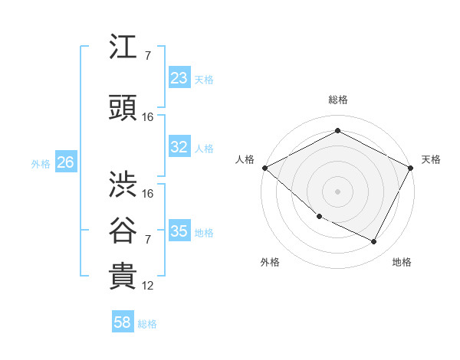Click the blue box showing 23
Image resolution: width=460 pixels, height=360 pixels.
179,78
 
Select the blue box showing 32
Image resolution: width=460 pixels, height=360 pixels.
179,147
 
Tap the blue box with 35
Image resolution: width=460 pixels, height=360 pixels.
179,231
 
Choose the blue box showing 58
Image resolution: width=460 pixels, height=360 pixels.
123,323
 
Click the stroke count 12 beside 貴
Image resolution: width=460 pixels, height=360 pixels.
148,286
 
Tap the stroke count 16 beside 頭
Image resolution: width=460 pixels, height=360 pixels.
148,117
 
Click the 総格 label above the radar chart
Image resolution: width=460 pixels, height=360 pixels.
337,100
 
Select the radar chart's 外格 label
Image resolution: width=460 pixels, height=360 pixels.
270,262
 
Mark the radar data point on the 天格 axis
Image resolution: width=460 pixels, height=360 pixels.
412,168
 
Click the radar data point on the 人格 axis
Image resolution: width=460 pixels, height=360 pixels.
264,168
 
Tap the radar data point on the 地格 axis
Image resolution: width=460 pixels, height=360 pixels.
374,242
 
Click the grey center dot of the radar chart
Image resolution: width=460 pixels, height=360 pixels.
337,191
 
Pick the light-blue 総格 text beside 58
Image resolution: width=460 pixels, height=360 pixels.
147,324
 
